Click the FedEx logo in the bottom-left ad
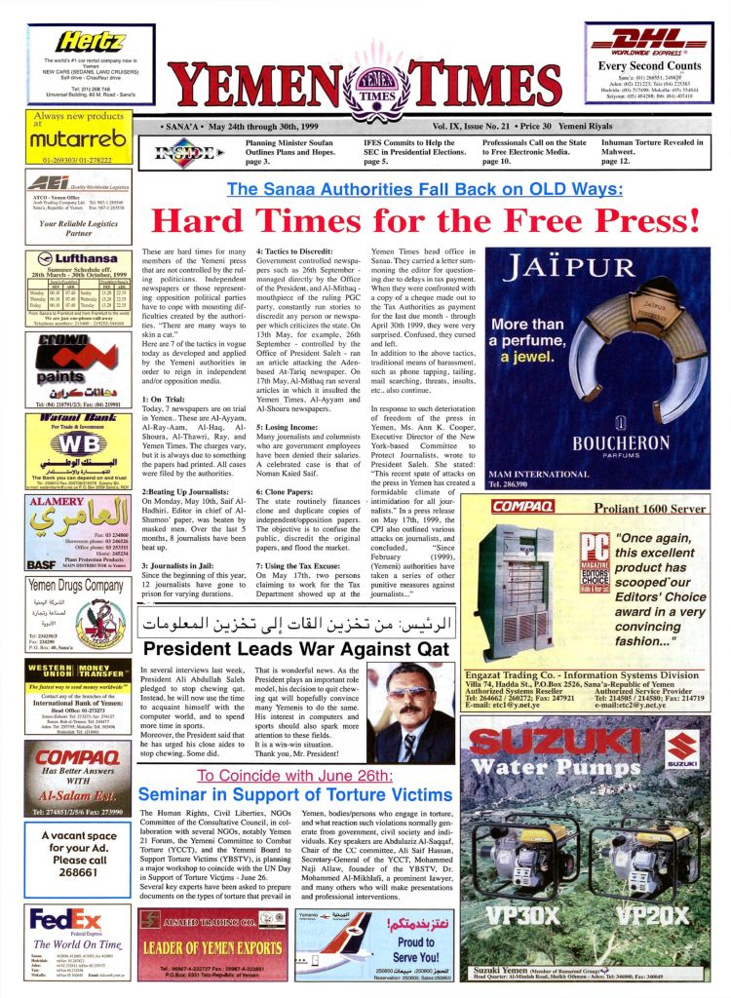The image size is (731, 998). coord(65,921)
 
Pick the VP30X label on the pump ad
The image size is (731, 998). coord(527,916)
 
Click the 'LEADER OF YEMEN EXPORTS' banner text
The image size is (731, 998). coord(211,947)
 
